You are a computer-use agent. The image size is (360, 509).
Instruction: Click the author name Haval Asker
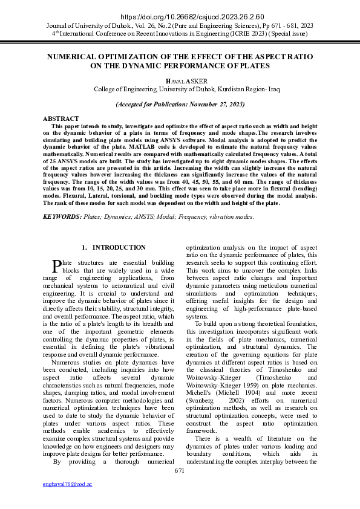(180, 80)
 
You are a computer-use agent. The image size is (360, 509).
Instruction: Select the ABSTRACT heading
(61, 118)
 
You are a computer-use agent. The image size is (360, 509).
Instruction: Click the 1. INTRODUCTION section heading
(114, 247)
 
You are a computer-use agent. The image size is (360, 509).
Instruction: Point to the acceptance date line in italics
(180, 104)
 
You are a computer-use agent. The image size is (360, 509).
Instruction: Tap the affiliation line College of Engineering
(180, 89)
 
